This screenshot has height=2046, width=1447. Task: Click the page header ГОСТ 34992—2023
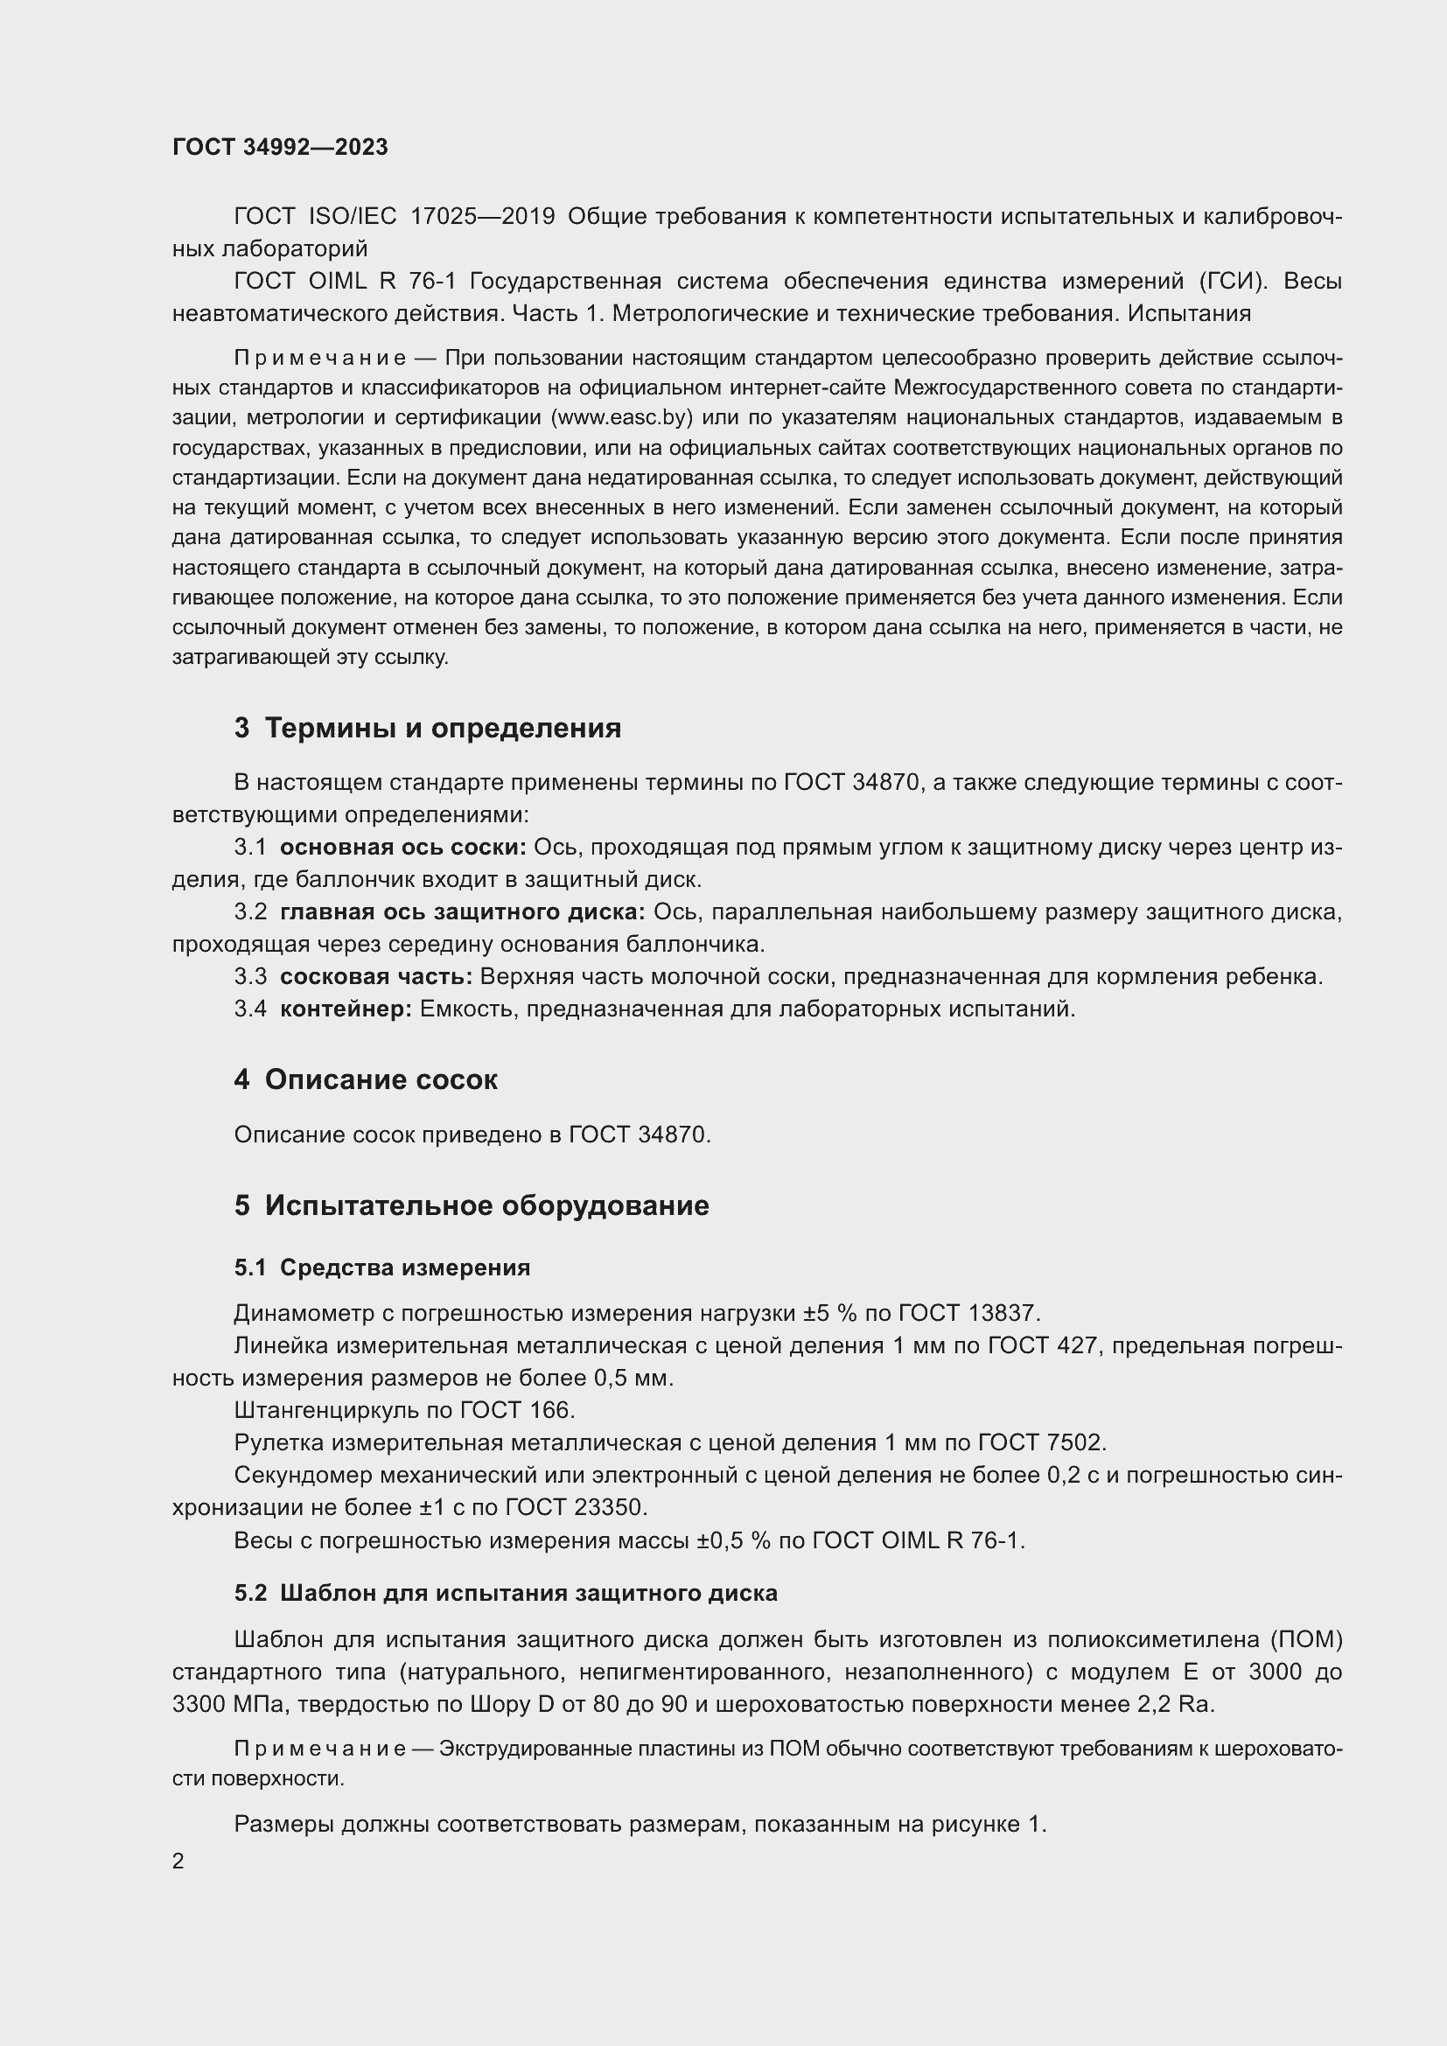tap(280, 147)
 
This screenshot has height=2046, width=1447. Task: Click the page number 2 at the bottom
tap(178, 1861)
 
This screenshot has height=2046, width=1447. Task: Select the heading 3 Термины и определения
tap(428, 728)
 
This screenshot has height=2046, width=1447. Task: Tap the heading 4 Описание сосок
tap(366, 1079)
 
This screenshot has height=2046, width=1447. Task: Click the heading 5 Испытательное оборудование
tap(472, 1205)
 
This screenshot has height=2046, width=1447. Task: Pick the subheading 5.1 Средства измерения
tap(382, 1267)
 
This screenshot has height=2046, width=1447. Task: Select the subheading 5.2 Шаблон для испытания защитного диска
tap(505, 1592)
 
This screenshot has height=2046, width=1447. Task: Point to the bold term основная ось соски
tap(402, 847)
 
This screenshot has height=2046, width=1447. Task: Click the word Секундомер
tap(302, 1475)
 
